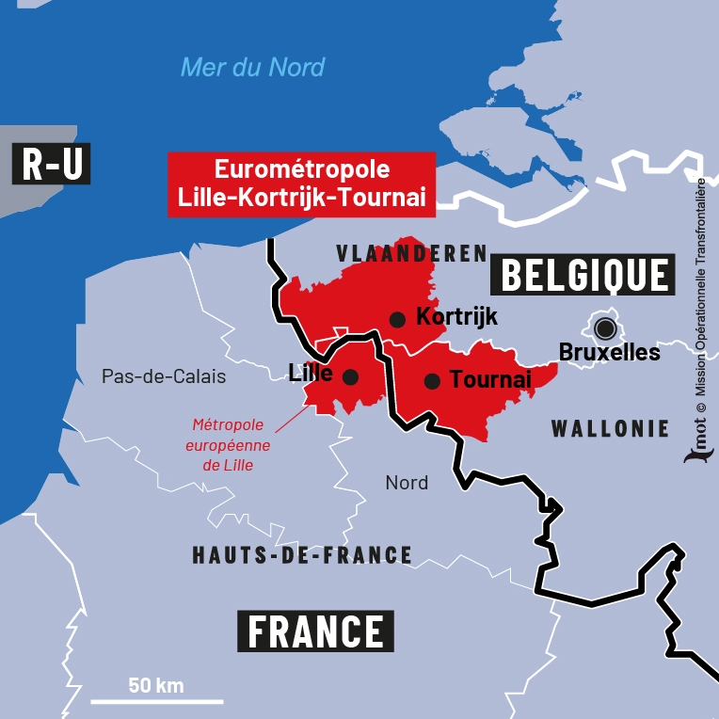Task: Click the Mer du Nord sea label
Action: click(x=252, y=67)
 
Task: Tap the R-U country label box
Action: click(x=52, y=165)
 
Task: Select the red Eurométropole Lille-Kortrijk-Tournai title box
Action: click(x=301, y=184)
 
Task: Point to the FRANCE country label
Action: click(x=315, y=631)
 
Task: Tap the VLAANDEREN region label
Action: click(x=412, y=253)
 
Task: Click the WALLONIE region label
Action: click(x=610, y=429)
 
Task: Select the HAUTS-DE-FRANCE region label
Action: click(x=302, y=555)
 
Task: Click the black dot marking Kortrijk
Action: click(x=397, y=319)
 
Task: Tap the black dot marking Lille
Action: click(x=350, y=376)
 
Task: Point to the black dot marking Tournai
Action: click(x=432, y=381)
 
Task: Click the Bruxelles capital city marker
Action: click(x=605, y=328)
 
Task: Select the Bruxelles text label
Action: click(x=610, y=353)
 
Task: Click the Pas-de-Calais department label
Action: click(x=164, y=376)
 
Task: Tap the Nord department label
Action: click(x=407, y=483)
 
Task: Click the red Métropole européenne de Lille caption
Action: click(x=231, y=444)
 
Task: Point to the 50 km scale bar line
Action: click(x=157, y=701)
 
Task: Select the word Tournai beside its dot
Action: click(x=490, y=379)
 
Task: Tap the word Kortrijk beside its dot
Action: click(x=456, y=316)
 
